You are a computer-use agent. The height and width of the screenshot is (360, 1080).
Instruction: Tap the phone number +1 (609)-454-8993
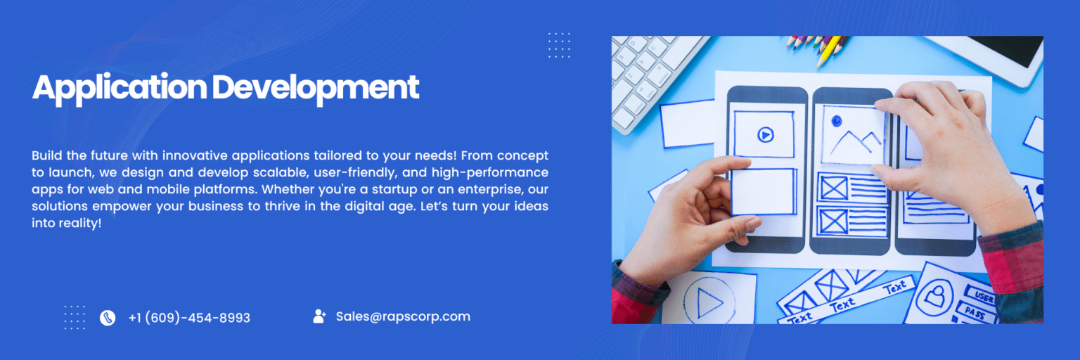[x=189, y=318]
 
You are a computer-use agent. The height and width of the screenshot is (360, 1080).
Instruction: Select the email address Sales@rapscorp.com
[x=403, y=316]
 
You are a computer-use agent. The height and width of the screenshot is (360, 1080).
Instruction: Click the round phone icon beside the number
[x=108, y=318]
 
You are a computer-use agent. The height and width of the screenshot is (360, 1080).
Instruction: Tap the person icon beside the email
[x=319, y=316]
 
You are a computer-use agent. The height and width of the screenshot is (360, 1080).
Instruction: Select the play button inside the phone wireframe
[x=764, y=134]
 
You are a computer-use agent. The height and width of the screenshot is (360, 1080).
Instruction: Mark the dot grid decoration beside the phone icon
[x=75, y=317]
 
